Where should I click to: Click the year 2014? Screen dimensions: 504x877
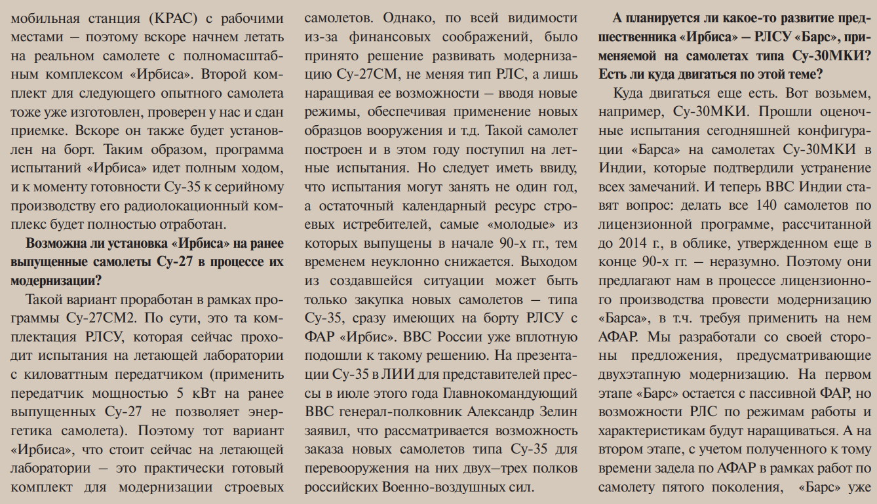pyautogui.click(x=633, y=243)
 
